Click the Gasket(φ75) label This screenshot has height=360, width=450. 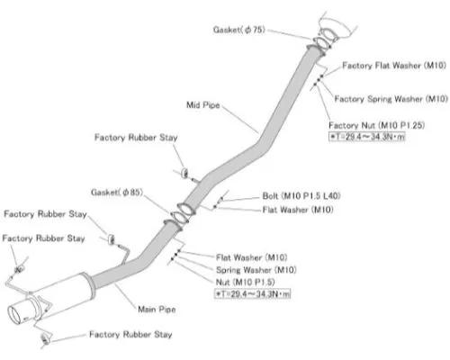pos(239,30)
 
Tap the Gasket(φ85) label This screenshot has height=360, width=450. pos(117,192)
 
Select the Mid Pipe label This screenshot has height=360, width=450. pos(203,105)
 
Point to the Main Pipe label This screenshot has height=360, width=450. pos(157,309)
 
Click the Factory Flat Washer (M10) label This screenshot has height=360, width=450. pos(394,66)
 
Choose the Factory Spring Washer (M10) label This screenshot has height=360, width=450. pos(391,99)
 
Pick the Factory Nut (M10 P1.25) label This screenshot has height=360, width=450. pos(377,125)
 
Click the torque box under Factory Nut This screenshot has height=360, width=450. pos(367,137)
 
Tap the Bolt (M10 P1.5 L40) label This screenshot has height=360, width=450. pos(301,196)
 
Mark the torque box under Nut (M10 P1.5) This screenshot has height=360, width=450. pos(253,293)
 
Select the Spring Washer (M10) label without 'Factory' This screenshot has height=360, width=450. pos(256,270)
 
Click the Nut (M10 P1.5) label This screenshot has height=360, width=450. pos(245,282)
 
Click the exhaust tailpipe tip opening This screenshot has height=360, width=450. pos(13,316)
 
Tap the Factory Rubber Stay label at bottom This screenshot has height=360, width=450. pos(130,334)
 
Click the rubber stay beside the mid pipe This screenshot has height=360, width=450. pos(185,173)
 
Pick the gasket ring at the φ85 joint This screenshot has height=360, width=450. pos(179,217)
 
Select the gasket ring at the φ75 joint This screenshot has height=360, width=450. pos(322,43)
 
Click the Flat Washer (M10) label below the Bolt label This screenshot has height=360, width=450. pos(298,210)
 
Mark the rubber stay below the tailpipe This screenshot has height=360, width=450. pos(46,339)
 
